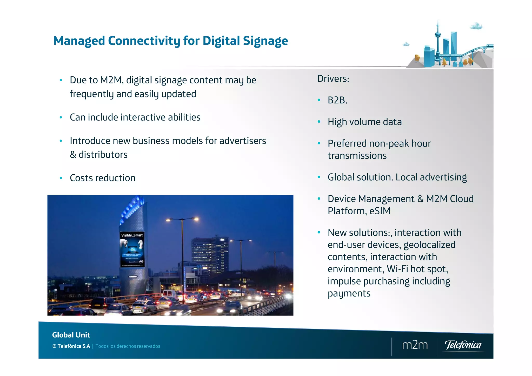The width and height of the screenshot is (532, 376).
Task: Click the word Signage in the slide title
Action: [265, 41]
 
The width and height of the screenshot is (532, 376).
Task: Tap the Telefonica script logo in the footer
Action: [463, 345]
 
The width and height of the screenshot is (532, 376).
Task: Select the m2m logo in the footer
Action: [415, 345]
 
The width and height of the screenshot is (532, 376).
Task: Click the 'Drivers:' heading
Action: [333, 79]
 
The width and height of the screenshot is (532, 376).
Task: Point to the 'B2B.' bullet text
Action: [337, 100]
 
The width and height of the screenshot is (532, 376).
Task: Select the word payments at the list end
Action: [349, 294]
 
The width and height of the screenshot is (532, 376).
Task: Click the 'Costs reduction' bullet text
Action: [103, 178]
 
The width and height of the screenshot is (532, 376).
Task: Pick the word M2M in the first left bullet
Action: [111, 80]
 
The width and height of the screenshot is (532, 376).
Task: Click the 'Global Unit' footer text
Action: [71, 335]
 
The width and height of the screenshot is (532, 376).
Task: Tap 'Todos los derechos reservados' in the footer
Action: [128, 346]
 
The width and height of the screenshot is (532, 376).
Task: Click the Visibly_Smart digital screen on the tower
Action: [132, 249]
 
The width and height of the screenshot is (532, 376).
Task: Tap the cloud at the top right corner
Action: [476, 26]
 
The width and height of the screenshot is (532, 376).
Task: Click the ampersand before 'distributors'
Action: [73, 155]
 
